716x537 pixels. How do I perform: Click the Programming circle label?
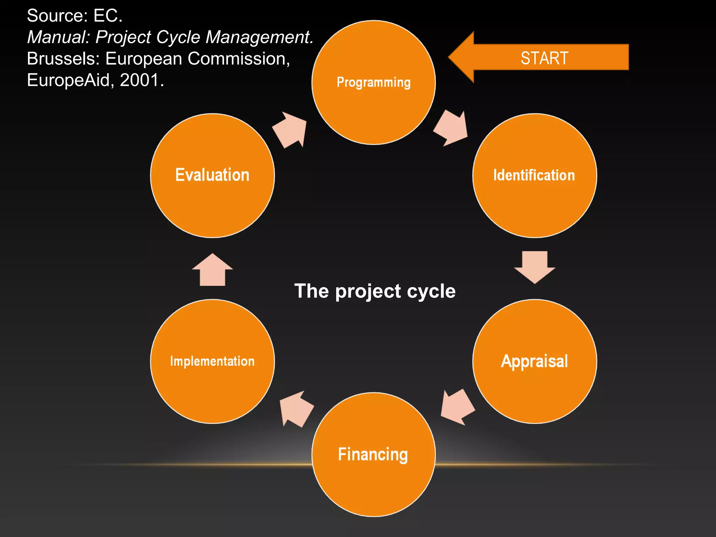(x=373, y=83)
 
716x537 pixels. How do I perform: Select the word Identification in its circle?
(x=534, y=175)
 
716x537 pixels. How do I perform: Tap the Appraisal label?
(x=534, y=361)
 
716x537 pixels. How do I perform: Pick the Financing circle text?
(x=373, y=454)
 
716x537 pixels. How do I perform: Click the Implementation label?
(x=212, y=361)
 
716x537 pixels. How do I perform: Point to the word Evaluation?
(x=212, y=175)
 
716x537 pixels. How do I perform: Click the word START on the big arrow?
(x=544, y=58)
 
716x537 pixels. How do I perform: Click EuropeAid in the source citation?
(x=69, y=80)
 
